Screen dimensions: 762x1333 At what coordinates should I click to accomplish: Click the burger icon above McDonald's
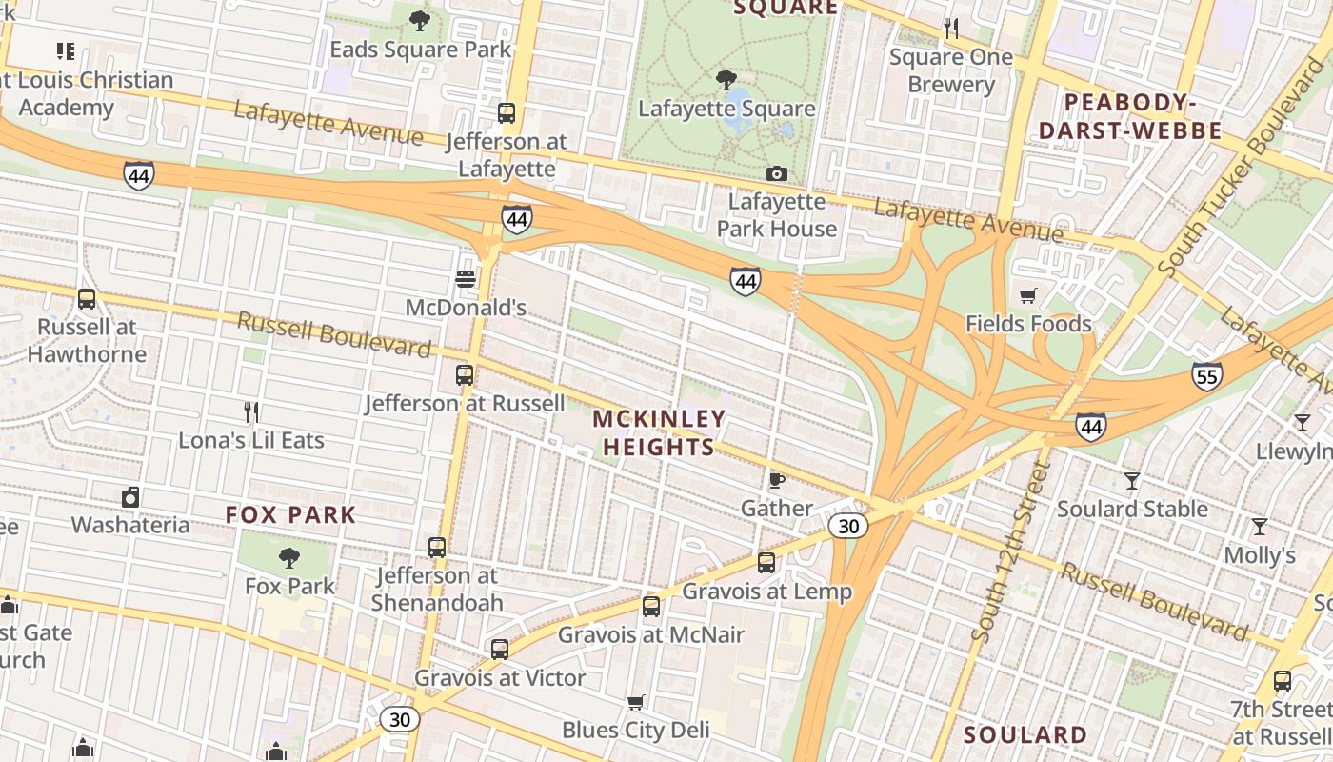(466, 279)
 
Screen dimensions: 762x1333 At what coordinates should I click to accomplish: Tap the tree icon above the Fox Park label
(289, 557)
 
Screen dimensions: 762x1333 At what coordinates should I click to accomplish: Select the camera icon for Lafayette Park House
(777, 173)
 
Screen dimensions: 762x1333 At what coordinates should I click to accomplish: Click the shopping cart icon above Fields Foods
(1027, 295)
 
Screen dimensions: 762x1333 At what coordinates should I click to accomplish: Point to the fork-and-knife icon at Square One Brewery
(950, 29)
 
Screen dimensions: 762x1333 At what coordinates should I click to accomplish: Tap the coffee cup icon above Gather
(777, 480)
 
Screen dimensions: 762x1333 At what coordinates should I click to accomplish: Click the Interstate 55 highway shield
(1206, 376)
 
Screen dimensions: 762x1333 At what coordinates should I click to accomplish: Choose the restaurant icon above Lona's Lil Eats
(251, 411)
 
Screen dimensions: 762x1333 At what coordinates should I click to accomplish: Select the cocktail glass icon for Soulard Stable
(1132, 480)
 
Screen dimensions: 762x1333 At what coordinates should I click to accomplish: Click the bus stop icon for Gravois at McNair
(651, 607)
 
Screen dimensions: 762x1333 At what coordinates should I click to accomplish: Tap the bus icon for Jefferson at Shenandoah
(437, 548)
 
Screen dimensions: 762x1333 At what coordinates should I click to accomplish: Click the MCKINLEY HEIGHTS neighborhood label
(659, 432)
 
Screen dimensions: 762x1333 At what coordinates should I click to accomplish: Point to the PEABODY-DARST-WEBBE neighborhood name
(1129, 116)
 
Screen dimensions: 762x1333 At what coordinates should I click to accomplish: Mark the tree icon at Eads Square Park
(419, 20)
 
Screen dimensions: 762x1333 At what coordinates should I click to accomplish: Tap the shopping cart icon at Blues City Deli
(636, 702)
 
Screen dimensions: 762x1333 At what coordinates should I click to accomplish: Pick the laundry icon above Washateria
(130, 496)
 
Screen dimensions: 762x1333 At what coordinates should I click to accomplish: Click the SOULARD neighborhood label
(1025, 734)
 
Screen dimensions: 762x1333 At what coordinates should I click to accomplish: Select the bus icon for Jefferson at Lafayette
(507, 113)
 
